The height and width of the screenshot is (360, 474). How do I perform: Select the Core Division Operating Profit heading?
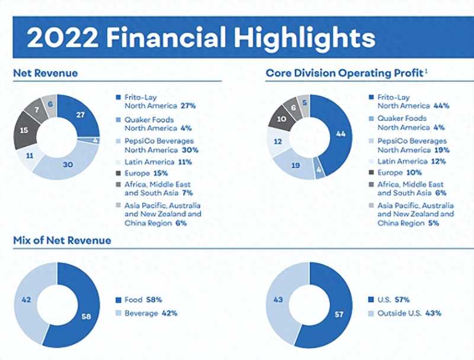(x=344, y=73)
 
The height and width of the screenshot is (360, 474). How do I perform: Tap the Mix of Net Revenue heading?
(x=62, y=240)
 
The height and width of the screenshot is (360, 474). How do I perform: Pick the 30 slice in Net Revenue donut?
(x=68, y=165)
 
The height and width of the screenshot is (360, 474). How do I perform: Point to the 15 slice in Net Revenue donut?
(x=24, y=130)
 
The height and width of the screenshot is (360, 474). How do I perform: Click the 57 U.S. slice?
(x=340, y=314)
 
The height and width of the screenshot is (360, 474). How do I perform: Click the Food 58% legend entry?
(x=143, y=300)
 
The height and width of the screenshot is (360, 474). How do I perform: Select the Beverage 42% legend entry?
(x=150, y=313)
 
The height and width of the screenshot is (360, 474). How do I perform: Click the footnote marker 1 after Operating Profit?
(x=426, y=70)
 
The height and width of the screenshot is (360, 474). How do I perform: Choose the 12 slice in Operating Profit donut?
(x=277, y=142)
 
